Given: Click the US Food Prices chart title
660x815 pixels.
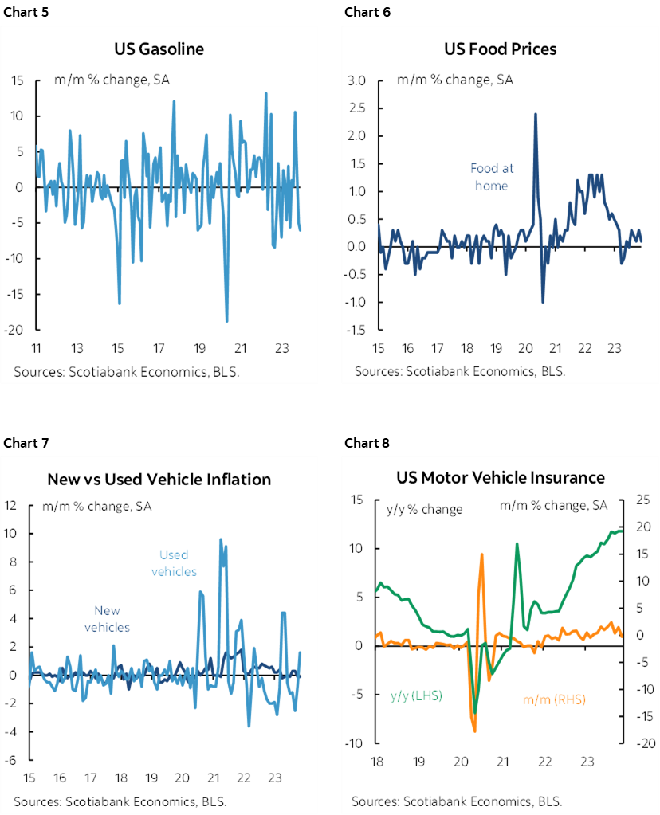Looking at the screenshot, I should (x=500, y=49).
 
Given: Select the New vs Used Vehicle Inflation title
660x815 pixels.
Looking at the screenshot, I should (x=159, y=479).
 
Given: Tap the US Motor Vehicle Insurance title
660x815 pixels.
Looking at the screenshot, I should (x=500, y=477).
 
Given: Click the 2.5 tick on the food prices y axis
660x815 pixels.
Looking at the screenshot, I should (x=356, y=108).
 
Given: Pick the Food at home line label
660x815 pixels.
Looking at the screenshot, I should (x=492, y=177).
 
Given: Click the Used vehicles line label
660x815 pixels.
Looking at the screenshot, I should (x=174, y=563).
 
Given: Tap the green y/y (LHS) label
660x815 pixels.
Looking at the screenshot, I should (x=415, y=695).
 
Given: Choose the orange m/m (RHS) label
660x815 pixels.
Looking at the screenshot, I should (x=554, y=699).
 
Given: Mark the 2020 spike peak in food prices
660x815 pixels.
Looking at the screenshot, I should (x=534, y=114).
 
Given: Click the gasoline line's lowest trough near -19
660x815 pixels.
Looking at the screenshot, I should (x=227, y=321).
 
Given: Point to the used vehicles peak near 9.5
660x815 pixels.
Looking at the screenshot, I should (x=221, y=539).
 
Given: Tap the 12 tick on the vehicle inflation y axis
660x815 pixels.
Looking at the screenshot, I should (x=11, y=505).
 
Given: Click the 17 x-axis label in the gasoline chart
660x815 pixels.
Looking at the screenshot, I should (x=159, y=348).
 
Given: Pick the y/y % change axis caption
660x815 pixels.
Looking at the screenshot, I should (x=424, y=509).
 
